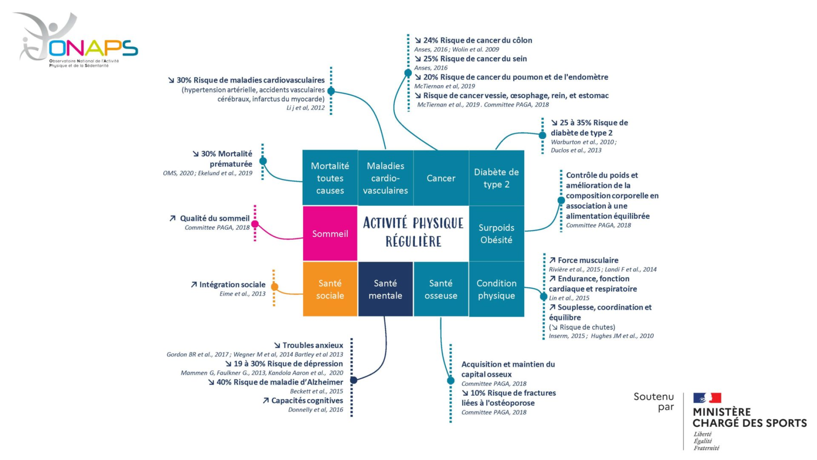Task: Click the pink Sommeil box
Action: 330,233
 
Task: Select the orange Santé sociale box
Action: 330,289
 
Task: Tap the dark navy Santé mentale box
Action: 385,289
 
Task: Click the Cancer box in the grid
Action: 441,178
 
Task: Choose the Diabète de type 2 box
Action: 496,178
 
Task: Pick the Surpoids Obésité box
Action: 496,233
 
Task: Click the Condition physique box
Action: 496,289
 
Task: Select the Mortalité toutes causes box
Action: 330,178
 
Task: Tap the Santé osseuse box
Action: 441,289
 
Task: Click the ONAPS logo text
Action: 93,48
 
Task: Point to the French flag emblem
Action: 707,398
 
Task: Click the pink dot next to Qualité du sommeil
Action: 255,224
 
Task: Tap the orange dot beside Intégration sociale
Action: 275,287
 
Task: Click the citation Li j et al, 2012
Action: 305,108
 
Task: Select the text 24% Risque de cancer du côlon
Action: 477,40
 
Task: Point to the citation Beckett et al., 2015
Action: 316,391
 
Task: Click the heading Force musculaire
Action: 588,260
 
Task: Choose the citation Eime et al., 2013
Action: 242,294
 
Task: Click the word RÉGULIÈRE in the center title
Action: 413,241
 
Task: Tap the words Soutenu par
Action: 654,402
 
